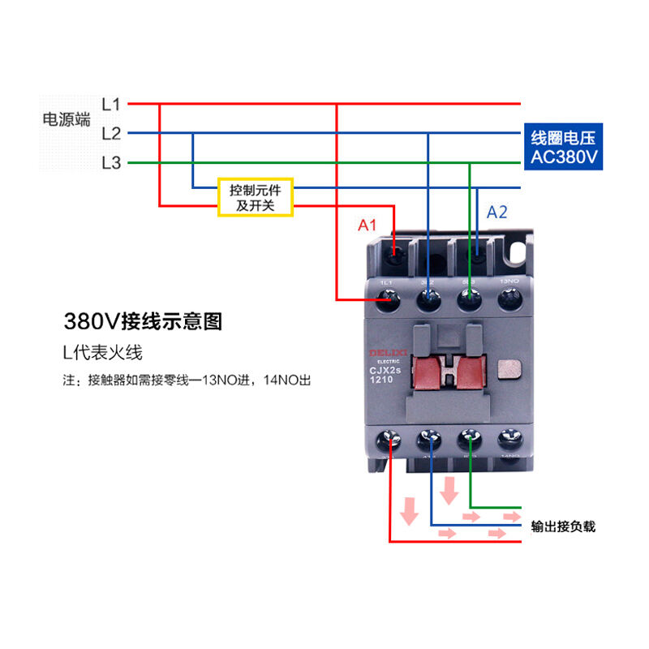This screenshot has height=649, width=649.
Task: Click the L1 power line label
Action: tap(111, 104)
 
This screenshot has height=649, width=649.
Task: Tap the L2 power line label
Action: tap(111, 133)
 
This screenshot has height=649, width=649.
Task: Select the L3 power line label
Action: tap(111, 162)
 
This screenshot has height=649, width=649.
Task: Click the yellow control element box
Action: tap(255, 197)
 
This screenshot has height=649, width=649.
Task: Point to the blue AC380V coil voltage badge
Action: tap(564, 148)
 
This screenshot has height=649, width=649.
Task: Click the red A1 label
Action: tap(368, 225)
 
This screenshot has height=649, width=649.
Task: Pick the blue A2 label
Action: tap(496, 213)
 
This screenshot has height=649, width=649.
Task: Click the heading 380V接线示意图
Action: tap(143, 321)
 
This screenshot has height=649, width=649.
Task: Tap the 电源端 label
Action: tap(67, 119)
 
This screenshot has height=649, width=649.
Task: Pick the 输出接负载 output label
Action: tap(563, 527)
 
